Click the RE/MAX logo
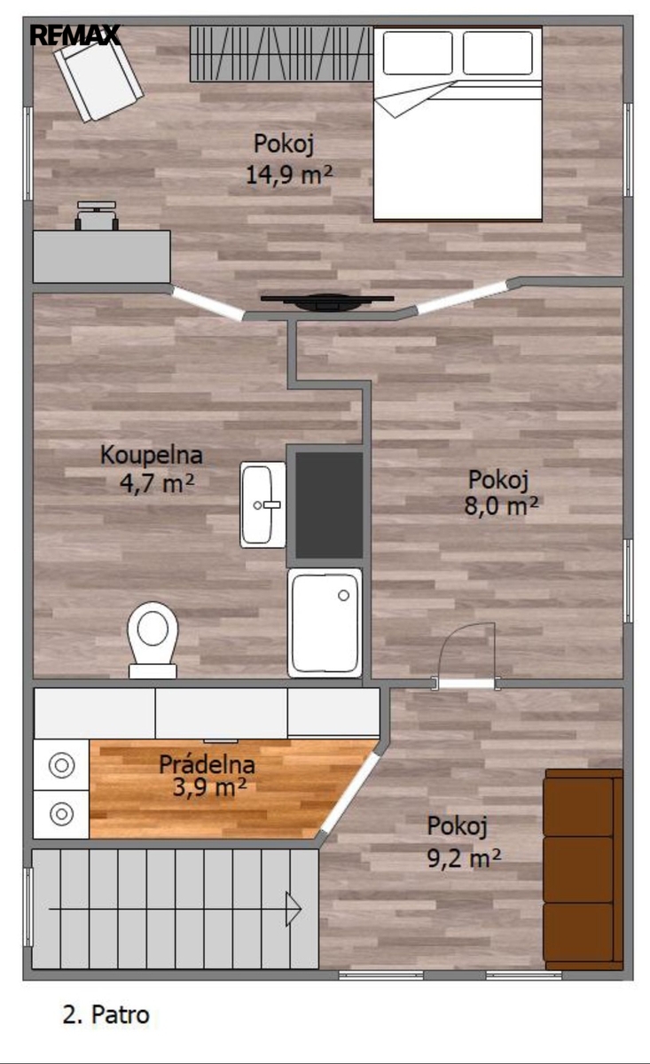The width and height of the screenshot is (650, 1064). [75, 35]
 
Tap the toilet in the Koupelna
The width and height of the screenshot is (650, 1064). [153, 640]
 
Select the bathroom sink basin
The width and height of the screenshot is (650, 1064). [262, 505]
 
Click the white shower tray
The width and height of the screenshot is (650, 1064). [325, 622]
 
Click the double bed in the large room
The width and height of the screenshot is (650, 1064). [458, 124]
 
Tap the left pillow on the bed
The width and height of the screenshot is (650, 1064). [417, 52]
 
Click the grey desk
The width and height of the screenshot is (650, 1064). [102, 256]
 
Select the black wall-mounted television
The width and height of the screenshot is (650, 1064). [327, 301]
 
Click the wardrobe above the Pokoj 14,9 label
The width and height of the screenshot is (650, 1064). [281, 54]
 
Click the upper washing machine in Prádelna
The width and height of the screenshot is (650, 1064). [61, 765]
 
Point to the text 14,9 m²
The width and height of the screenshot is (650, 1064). [289, 175]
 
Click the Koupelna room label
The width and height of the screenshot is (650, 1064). [152, 455]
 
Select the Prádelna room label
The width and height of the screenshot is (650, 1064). [207, 764]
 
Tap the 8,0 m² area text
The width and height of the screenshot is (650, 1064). [501, 505]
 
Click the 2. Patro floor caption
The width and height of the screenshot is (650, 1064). [106, 1013]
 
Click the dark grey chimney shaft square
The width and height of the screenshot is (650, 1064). [329, 505]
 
